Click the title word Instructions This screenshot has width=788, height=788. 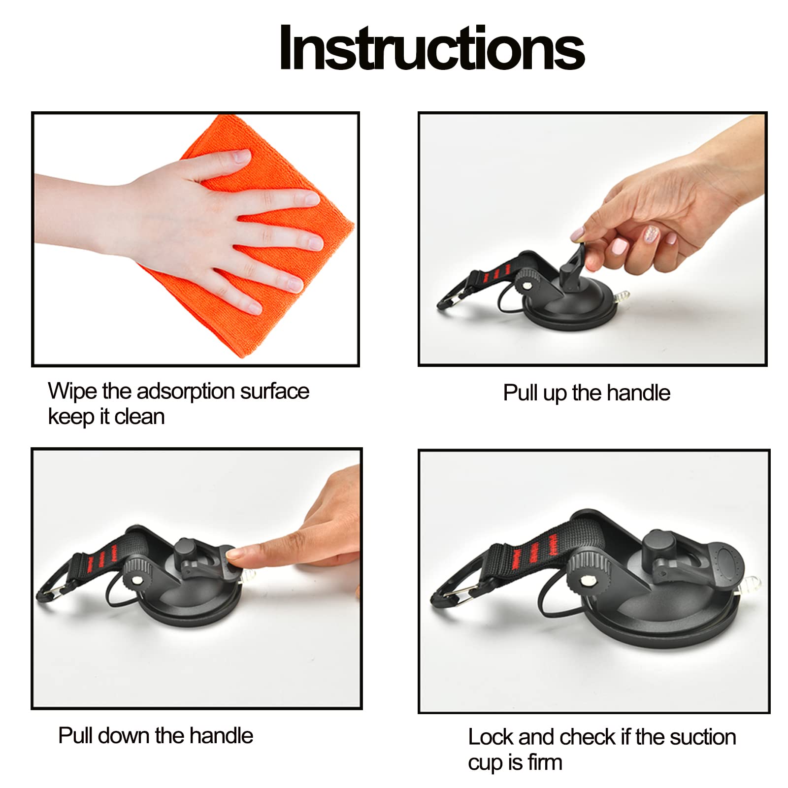pyautogui.click(x=432, y=48)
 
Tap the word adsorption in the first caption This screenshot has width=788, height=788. pyautogui.click(x=185, y=392)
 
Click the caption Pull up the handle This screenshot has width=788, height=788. pyautogui.click(x=586, y=394)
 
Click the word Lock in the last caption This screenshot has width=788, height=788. pyautogui.click(x=491, y=737)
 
